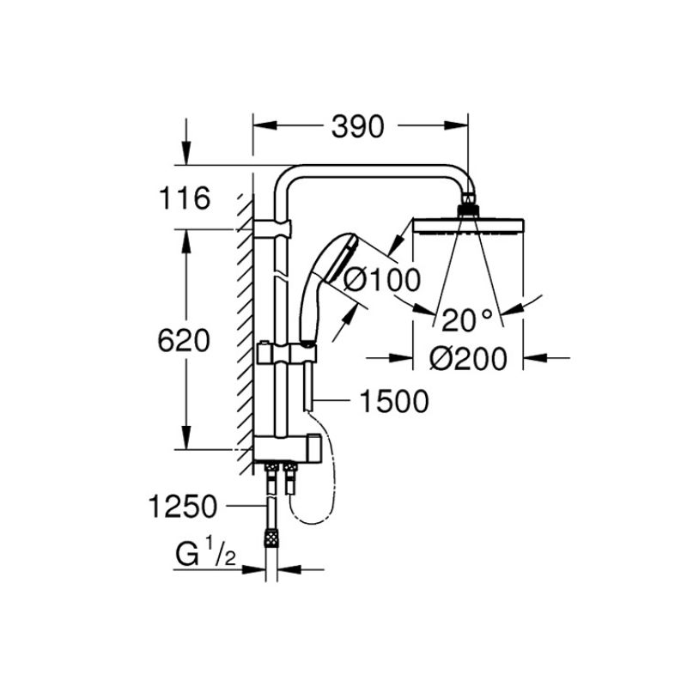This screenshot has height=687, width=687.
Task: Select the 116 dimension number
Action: point(184,200)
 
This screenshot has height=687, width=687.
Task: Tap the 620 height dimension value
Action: point(184,341)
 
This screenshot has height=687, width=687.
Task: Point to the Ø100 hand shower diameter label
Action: point(382,279)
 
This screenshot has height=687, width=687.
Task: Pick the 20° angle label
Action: point(468,320)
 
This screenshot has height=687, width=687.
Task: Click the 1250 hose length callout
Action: point(182,507)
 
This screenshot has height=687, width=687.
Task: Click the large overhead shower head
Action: point(468,226)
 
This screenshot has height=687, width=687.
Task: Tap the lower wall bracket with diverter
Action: point(288,448)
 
